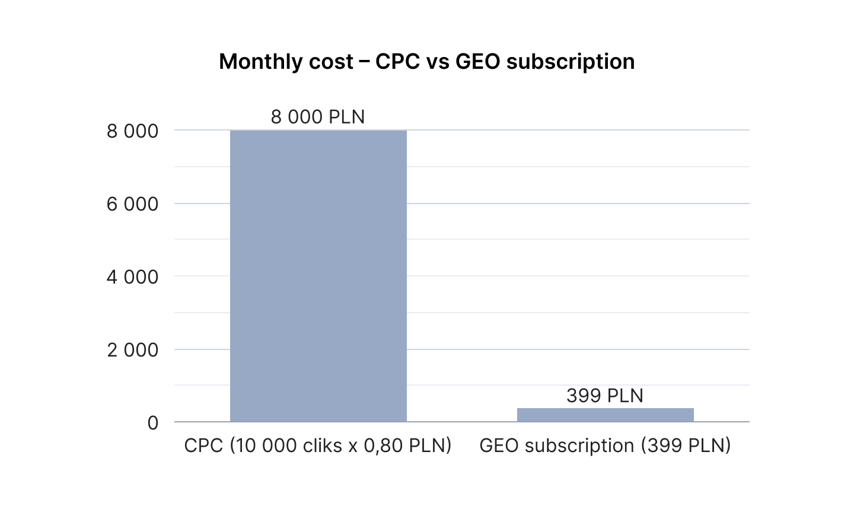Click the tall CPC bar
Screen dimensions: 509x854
click(x=318, y=276)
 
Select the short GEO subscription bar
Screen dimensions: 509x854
click(x=605, y=415)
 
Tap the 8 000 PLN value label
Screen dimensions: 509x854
click(x=318, y=117)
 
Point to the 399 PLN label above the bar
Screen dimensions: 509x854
click(x=605, y=396)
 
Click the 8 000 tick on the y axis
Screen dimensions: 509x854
click(x=132, y=131)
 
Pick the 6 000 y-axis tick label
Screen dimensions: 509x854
click(x=132, y=204)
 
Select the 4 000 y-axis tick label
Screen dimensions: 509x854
click(x=132, y=277)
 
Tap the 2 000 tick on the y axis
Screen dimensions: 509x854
click(x=132, y=350)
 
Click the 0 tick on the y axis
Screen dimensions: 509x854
click(x=153, y=423)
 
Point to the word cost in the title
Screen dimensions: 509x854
click(x=332, y=62)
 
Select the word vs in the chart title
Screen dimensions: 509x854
click(x=438, y=62)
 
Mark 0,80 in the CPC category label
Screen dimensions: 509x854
click(x=383, y=446)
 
